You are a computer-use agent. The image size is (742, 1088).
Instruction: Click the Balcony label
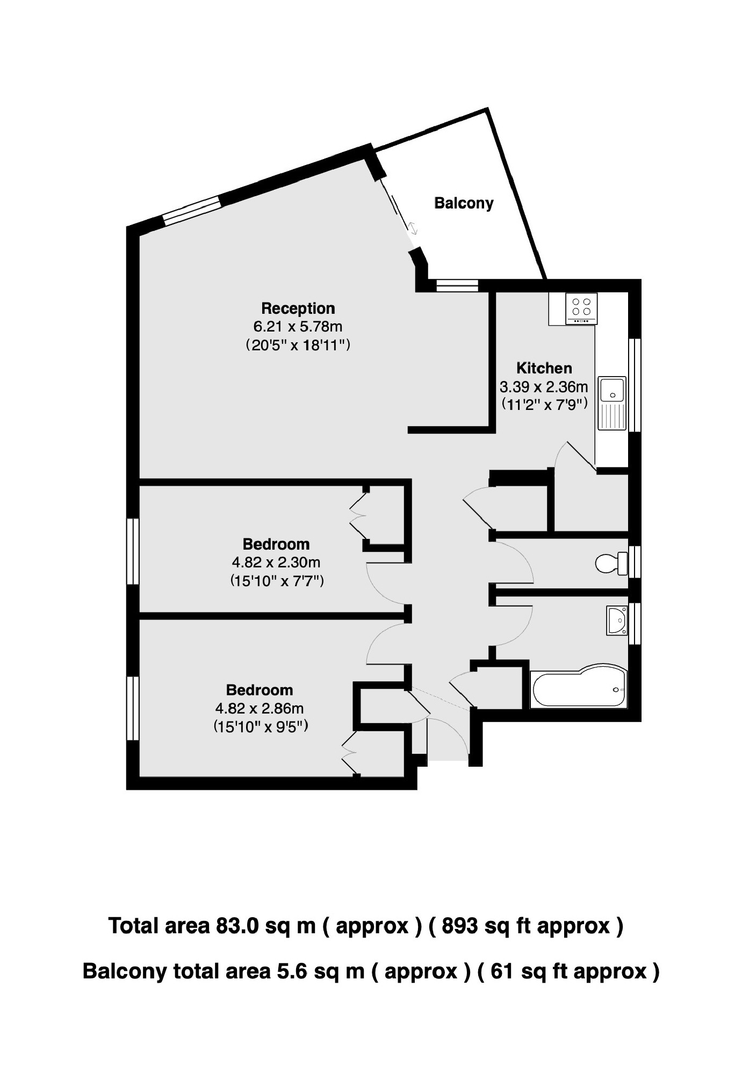463,203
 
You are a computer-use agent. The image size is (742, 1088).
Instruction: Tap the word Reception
298,308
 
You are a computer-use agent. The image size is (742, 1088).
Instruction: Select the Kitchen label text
544,368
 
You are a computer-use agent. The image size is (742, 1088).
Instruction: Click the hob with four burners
581,308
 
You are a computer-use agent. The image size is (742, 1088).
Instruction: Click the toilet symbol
610,563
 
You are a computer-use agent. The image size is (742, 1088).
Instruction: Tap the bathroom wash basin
617,621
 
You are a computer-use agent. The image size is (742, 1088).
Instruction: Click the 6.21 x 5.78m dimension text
298,326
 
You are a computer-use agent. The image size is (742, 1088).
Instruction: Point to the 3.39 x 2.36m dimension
544,386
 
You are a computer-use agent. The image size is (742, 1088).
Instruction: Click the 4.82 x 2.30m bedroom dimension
276,563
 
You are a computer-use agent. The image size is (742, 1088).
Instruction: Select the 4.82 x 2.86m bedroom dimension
260,709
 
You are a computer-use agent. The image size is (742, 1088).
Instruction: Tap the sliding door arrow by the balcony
413,228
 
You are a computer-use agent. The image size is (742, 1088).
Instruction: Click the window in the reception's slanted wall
192,210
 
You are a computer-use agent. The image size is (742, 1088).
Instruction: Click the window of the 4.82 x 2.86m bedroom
133,708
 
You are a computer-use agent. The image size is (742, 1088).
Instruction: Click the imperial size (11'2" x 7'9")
544,404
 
